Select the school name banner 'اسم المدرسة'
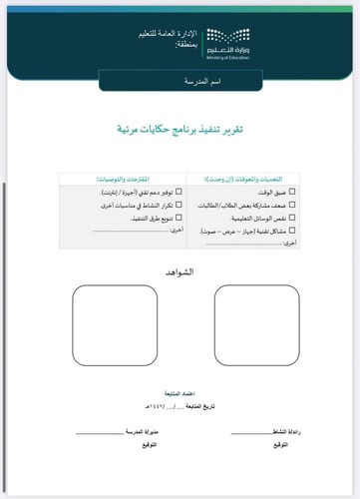pyautogui.click(x=180, y=80)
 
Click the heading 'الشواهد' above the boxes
pyautogui.click(x=180, y=270)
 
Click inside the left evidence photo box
pyautogui.click(x=109, y=322)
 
